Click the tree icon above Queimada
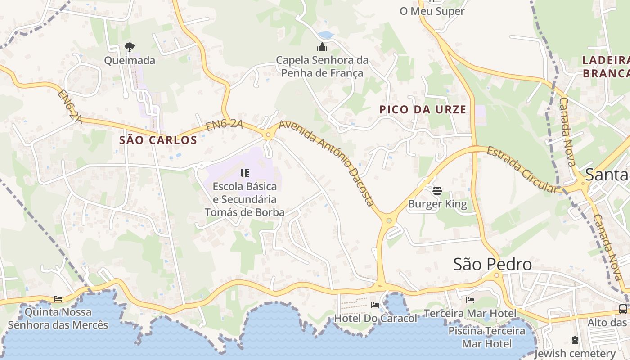pyautogui.click(x=130, y=47)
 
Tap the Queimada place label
pyautogui.click(x=130, y=60)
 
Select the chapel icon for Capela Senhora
pyautogui.click(x=322, y=47)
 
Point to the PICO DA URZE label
pyautogui.click(x=423, y=109)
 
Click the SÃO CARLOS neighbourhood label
pyautogui.click(x=158, y=140)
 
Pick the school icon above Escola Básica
pyautogui.click(x=245, y=173)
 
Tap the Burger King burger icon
pyautogui.click(x=437, y=191)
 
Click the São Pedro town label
pyautogui.click(x=492, y=264)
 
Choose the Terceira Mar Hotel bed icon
pyautogui.click(x=470, y=300)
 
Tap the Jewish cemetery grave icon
pyautogui.click(x=575, y=340)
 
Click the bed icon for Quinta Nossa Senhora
pyautogui.click(x=58, y=298)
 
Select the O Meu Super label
pyautogui.click(x=432, y=11)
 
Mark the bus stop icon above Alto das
pyautogui.click(x=623, y=309)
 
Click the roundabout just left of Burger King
pyautogui.click(x=388, y=220)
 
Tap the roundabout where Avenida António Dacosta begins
pyautogui.click(x=268, y=134)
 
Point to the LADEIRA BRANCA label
pyautogui.click(x=606, y=67)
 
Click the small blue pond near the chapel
pyautogui.click(x=326, y=35)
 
